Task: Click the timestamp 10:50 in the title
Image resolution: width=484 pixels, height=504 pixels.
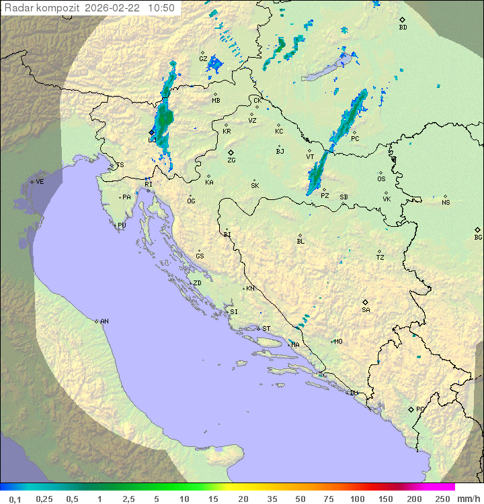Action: [x=161, y=8]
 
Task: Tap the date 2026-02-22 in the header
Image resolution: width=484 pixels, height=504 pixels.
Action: [x=113, y=8]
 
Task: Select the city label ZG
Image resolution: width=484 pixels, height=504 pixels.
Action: [x=231, y=160]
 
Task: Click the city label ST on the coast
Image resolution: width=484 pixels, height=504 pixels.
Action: [x=266, y=329]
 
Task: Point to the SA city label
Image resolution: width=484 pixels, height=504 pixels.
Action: [x=366, y=309]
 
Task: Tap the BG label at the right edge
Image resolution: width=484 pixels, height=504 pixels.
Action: [x=478, y=237]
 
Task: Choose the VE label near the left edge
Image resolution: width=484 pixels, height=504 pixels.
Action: [x=40, y=182]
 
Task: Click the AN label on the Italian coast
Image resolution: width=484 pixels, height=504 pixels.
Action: [x=104, y=321]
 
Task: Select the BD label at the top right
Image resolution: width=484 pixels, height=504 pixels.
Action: [x=403, y=28]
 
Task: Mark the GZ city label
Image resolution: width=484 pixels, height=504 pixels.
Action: [x=203, y=58]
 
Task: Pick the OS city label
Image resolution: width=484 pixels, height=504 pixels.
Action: [x=381, y=179]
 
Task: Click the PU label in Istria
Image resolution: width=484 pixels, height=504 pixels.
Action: [x=122, y=225]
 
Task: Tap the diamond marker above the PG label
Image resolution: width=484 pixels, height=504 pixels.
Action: [x=411, y=409]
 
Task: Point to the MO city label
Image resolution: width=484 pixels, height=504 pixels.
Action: [x=338, y=342]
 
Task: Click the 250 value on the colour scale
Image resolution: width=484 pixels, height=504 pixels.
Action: [x=442, y=499]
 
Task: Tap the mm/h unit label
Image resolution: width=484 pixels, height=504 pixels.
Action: [x=467, y=499]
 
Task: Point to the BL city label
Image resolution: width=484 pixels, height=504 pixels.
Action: [x=300, y=241]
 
